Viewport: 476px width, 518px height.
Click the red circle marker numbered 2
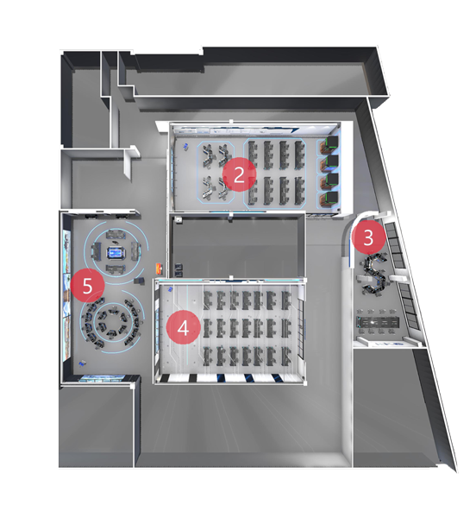(239, 174)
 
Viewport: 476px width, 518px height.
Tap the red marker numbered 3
(368, 237)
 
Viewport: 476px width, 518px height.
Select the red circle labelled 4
(183, 328)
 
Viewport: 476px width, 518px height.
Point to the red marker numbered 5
(87, 285)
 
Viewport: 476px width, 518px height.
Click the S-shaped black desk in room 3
(375, 274)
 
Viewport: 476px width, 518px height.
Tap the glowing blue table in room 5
(116, 253)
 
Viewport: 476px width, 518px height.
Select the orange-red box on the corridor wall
(160, 268)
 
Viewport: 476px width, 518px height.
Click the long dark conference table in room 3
(378, 321)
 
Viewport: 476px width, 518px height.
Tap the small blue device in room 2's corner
(186, 146)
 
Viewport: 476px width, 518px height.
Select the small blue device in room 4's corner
(171, 289)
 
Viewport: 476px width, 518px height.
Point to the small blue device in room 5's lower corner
(82, 363)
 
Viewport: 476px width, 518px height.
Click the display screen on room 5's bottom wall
(103, 378)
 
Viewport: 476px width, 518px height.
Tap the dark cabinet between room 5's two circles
(139, 281)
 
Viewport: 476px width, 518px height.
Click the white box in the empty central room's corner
(179, 219)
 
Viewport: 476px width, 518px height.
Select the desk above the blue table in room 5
(116, 235)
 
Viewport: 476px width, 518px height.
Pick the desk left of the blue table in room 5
(96, 251)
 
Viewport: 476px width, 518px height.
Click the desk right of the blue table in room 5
(135, 251)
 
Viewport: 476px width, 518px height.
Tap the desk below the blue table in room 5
(116, 269)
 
